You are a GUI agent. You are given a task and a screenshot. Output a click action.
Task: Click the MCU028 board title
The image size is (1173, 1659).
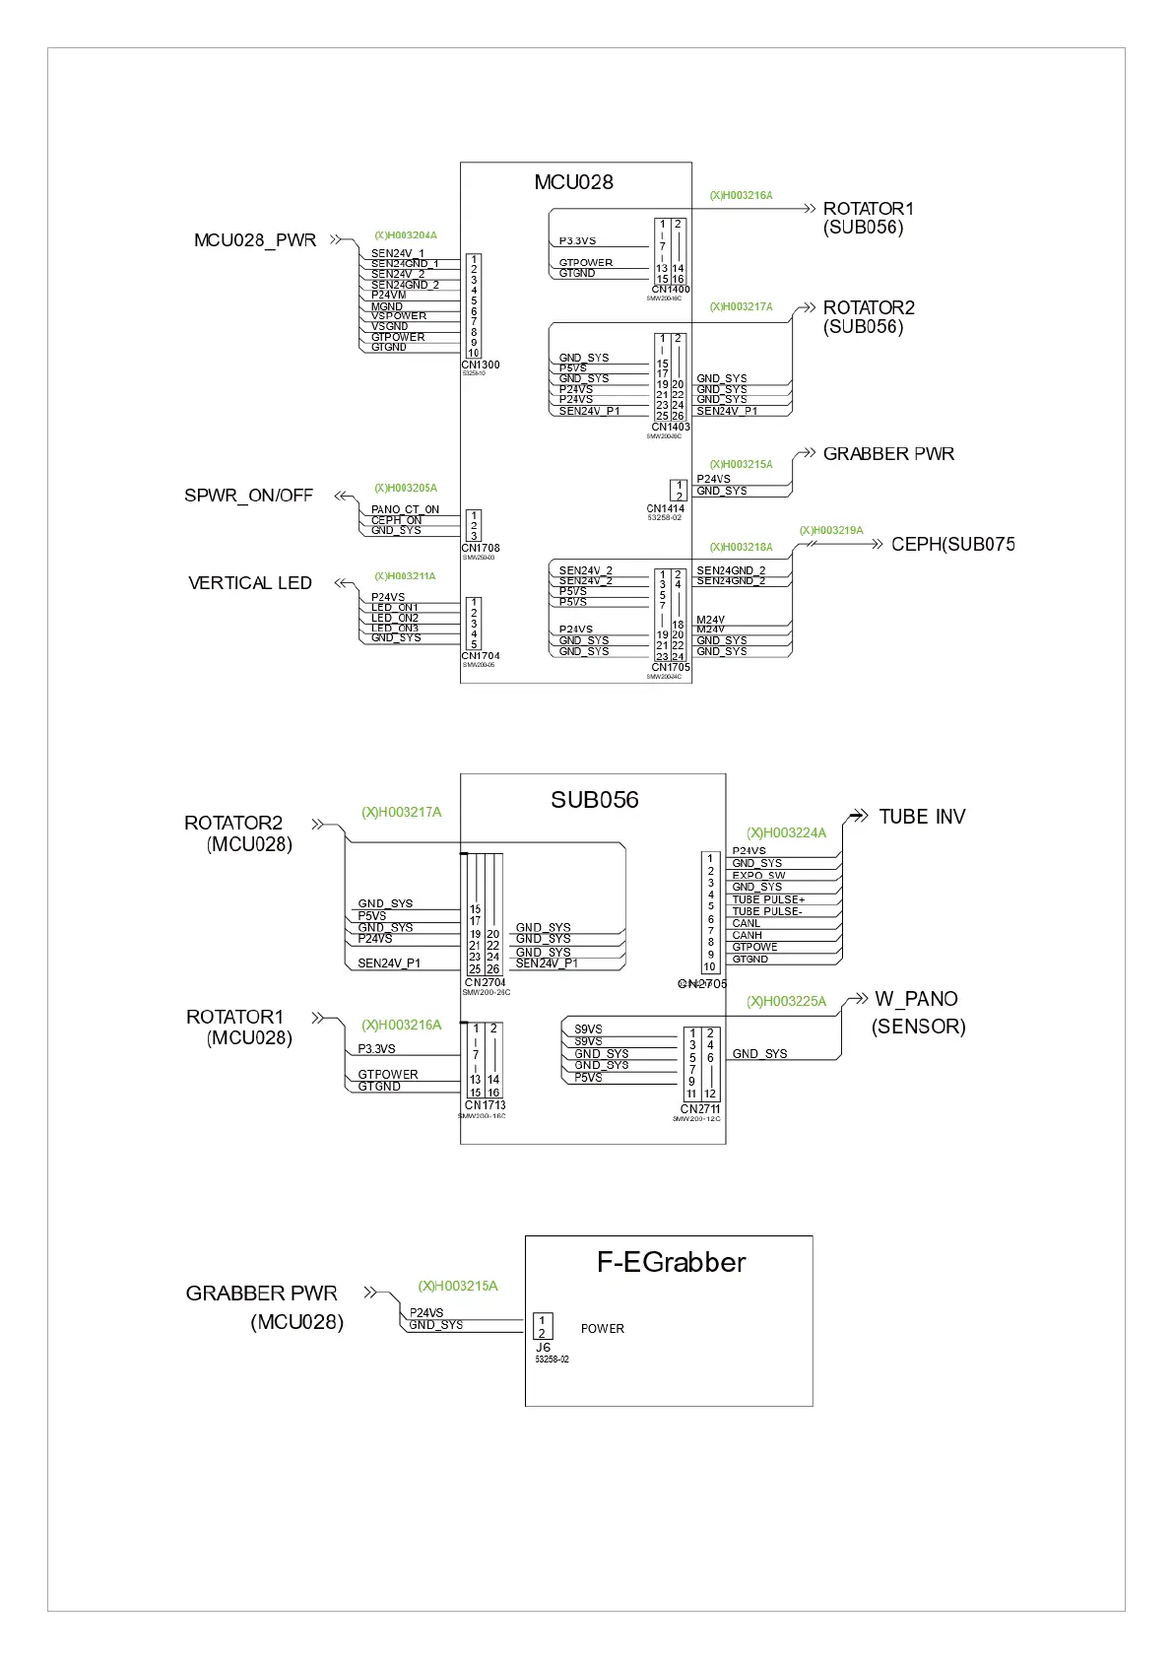point(573,182)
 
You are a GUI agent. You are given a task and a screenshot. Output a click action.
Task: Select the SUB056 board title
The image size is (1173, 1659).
point(594,800)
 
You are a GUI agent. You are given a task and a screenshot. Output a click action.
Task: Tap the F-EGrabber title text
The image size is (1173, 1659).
point(671,1262)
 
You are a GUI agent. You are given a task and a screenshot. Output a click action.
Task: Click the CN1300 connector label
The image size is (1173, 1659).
point(481,365)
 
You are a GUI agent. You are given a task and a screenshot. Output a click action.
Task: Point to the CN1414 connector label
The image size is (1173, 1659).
point(665,509)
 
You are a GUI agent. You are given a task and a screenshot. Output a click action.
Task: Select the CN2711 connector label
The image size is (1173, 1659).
point(699,1109)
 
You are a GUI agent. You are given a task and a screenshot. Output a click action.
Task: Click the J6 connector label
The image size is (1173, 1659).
point(543,1347)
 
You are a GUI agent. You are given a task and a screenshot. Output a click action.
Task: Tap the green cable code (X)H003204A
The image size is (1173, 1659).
point(405,235)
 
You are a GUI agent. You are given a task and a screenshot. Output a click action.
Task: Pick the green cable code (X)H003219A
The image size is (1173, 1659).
point(830,530)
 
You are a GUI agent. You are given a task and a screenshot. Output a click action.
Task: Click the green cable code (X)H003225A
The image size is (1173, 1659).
point(786,1001)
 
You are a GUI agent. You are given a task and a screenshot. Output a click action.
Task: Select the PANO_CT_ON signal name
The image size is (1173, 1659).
point(405,509)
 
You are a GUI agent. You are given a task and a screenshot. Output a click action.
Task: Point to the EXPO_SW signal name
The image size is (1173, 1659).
point(758,875)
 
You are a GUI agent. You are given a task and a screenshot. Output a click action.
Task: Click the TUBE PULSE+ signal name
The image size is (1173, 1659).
point(768,899)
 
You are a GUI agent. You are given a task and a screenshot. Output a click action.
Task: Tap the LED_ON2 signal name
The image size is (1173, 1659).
point(395,618)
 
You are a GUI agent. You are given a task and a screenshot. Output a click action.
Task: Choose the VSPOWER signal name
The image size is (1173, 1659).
point(399,316)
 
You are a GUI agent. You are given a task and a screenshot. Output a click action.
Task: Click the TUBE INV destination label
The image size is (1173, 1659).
point(922,817)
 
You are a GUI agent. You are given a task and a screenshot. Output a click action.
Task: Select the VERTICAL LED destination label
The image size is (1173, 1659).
point(250,583)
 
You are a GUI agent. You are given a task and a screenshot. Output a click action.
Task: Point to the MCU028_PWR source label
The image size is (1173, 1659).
point(255,240)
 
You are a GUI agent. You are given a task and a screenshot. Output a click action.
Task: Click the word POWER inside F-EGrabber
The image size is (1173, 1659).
point(602,1329)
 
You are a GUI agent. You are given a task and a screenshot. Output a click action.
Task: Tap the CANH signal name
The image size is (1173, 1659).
point(747,935)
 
